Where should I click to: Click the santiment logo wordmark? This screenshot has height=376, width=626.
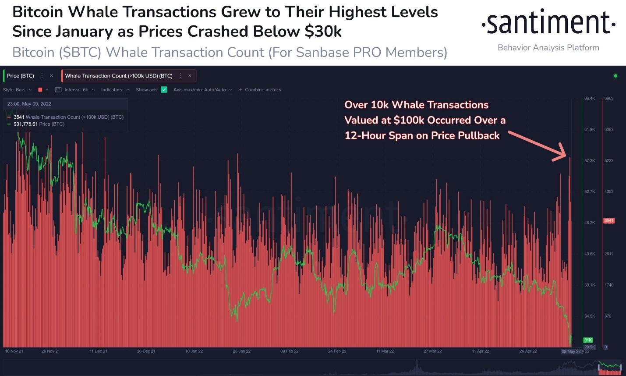tap(548, 23)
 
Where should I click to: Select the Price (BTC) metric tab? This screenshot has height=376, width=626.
tap(21, 76)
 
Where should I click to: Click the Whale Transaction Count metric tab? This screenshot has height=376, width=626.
tap(119, 76)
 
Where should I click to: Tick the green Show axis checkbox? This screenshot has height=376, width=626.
tap(164, 90)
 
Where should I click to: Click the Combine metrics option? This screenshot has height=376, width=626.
tap(262, 90)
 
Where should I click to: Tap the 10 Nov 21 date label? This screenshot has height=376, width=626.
tap(14, 351)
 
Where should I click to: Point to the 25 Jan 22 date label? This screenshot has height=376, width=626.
tap(241, 351)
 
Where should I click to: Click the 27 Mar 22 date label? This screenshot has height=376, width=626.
tap(432, 351)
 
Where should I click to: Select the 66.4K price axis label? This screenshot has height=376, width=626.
tap(589, 99)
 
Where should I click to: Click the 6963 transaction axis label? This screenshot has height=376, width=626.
tap(609, 99)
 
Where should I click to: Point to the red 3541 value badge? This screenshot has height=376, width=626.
tap(609, 220)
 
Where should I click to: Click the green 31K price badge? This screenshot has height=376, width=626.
tap(588, 340)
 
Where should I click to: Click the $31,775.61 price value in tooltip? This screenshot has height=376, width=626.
tap(26, 124)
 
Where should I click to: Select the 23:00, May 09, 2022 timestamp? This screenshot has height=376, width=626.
tap(29, 104)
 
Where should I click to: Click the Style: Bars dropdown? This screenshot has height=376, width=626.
tap(18, 90)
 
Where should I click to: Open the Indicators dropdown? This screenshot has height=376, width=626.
tap(115, 90)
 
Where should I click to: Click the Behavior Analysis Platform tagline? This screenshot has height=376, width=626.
tap(548, 47)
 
